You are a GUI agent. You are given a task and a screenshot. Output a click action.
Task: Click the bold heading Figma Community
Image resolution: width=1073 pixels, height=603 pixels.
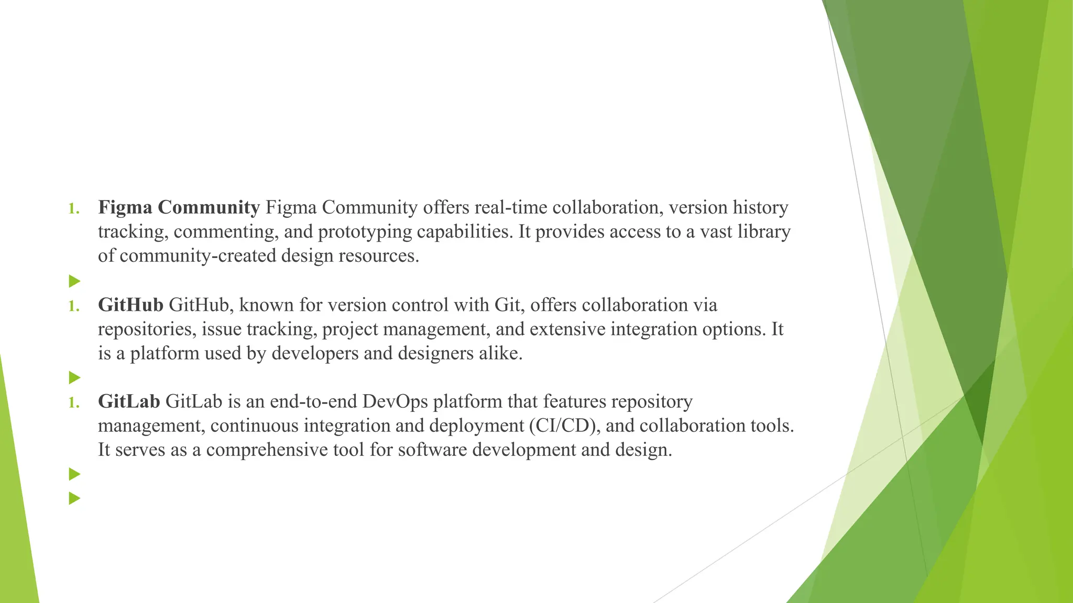[179, 208]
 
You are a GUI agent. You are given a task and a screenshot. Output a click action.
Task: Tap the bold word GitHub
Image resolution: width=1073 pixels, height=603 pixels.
[130, 305]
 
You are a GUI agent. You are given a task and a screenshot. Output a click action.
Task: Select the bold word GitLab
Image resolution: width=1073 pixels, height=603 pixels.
[129, 402]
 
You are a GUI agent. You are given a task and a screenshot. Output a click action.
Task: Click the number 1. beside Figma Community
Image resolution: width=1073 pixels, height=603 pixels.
[74, 209]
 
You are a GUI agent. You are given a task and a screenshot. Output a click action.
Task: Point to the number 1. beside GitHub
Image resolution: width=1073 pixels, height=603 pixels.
[74, 306]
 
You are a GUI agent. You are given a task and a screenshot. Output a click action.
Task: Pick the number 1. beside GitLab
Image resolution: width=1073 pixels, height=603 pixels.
[74, 403]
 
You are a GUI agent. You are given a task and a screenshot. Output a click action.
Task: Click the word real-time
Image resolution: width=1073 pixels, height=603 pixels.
[511, 208]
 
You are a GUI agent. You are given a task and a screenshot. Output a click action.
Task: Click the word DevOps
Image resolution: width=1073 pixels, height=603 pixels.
[395, 402]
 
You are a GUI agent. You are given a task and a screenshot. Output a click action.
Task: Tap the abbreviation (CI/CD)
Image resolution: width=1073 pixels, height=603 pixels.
[564, 426]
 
